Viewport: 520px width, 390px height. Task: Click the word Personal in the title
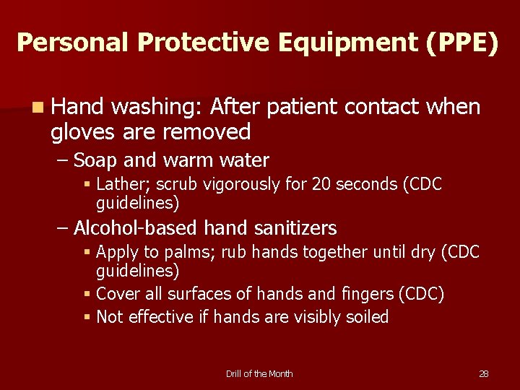coord(72,43)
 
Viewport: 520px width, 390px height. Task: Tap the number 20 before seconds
coord(322,184)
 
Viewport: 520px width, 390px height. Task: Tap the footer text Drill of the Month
coord(259,373)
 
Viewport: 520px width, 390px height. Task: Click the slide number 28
coord(484,373)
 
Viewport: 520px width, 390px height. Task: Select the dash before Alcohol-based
coord(63,228)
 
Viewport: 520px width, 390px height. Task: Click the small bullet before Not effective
coord(87,317)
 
